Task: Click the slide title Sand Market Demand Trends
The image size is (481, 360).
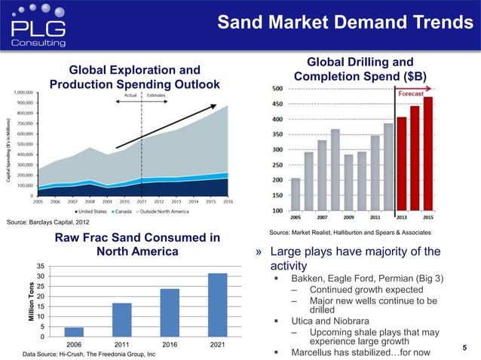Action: click(x=346, y=23)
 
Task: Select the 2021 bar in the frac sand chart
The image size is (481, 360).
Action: click(x=217, y=304)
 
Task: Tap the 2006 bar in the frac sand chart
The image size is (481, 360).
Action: click(x=74, y=331)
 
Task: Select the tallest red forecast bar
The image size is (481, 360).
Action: click(x=427, y=154)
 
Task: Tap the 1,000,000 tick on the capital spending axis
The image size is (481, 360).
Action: click(x=26, y=91)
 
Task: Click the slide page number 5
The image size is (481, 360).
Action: click(x=464, y=347)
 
